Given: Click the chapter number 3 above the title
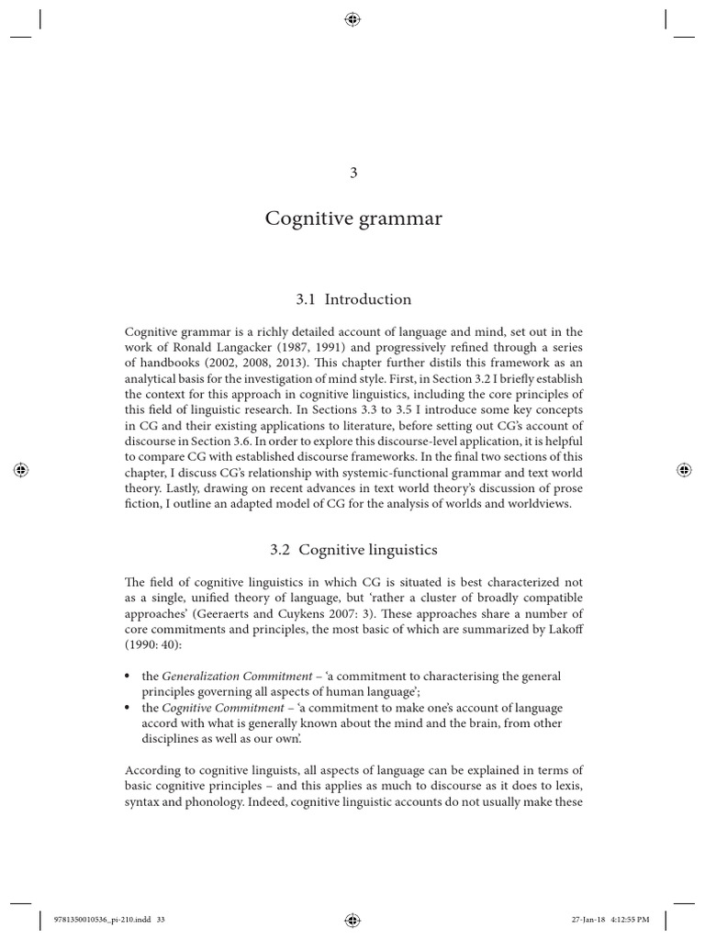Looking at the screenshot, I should [352, 175].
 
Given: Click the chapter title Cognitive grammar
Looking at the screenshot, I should [352, 219].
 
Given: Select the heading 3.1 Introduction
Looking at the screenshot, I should [352, 299].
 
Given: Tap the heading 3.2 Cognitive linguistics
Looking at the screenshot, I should [352, 550].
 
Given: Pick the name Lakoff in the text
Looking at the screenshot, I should [561, 629].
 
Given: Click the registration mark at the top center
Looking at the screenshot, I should [352, 18].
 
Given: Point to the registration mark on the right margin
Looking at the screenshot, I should [683, 469].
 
